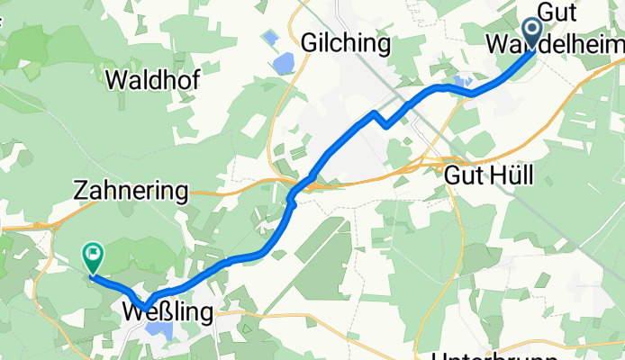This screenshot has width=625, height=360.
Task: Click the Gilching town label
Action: click(x=346, y=43)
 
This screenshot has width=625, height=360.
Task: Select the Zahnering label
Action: click(x=131, y=191)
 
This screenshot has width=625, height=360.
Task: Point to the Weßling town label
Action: click(x=168, y=312)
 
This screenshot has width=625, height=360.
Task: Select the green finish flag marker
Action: click(x=93, y=256)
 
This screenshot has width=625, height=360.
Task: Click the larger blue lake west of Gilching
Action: click(x=284, y=63)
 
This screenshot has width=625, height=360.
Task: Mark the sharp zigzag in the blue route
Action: click(x=384, y=122)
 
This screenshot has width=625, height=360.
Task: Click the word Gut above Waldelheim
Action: click(x=557, y=12)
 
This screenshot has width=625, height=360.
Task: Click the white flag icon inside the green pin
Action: click(x=93, y=255)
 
